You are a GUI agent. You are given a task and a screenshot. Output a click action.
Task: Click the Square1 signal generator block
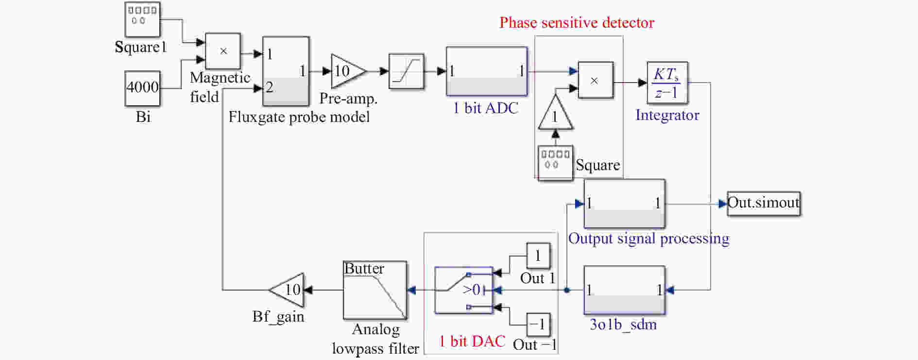click(142, 19)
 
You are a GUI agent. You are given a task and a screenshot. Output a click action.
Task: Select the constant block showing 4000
click(142, 88)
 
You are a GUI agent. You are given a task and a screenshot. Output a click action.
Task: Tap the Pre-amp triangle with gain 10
click(348, 71)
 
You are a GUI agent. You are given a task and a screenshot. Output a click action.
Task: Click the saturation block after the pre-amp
click(407, 71)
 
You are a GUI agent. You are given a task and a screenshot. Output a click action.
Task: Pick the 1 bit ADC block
click(487, 71)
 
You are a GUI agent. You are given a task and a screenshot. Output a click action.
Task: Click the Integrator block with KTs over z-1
click(667, 83)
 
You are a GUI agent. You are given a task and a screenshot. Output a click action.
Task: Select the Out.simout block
click(764, 204)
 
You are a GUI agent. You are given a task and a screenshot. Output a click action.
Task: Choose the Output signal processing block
click(624, 204)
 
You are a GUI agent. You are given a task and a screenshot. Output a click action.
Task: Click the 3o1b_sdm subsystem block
click(624, 290)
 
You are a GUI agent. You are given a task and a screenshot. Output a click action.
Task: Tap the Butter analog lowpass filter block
click(375, 290)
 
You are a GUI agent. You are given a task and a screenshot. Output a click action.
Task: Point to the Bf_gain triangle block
click(287, 290)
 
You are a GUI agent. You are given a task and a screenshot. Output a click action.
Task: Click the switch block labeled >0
click(464, 290)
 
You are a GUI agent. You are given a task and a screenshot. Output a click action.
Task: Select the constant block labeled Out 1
click(539, 256)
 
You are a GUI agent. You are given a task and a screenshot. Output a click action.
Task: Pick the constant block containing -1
click(539, 325)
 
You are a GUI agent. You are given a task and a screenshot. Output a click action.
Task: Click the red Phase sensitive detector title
click(577, 23)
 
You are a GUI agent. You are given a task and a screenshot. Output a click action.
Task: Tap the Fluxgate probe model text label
click(299, 117)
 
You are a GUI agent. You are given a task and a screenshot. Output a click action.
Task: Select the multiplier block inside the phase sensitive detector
click(595, 80)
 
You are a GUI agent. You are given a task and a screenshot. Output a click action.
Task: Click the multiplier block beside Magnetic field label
click(223, 51)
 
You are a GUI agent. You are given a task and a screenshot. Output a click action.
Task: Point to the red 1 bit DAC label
click(472, 341)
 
